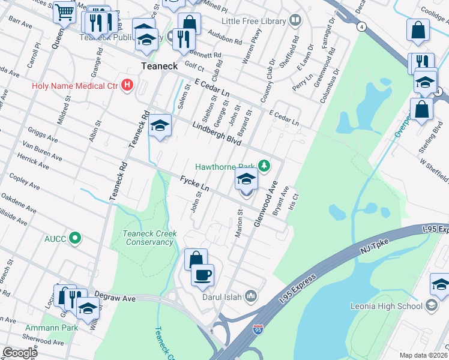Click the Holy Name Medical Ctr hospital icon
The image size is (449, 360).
pos(127,85)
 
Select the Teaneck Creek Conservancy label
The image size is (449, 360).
pos(148,238)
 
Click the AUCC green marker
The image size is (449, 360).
pos(74,238)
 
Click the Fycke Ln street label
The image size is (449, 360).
pos(194,184)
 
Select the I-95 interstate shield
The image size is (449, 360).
pos(258,329)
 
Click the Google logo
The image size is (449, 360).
pos(19,353)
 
